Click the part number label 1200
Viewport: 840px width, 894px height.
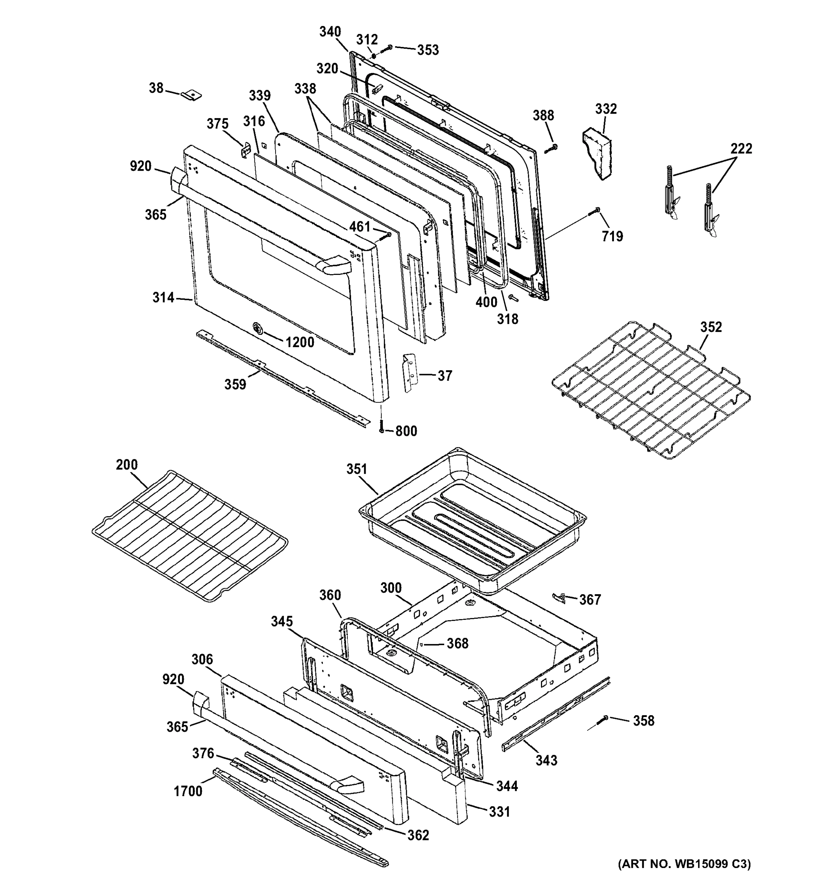[299, 342]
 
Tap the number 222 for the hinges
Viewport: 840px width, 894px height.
[741, 148]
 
